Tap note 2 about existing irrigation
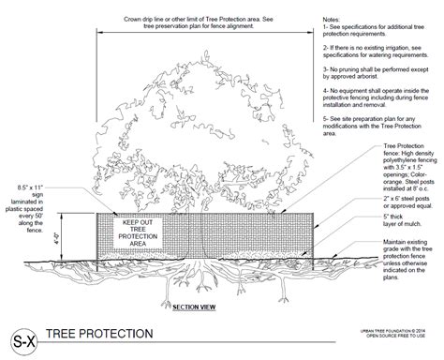coord(373,51)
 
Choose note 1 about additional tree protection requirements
coord(373,31)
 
